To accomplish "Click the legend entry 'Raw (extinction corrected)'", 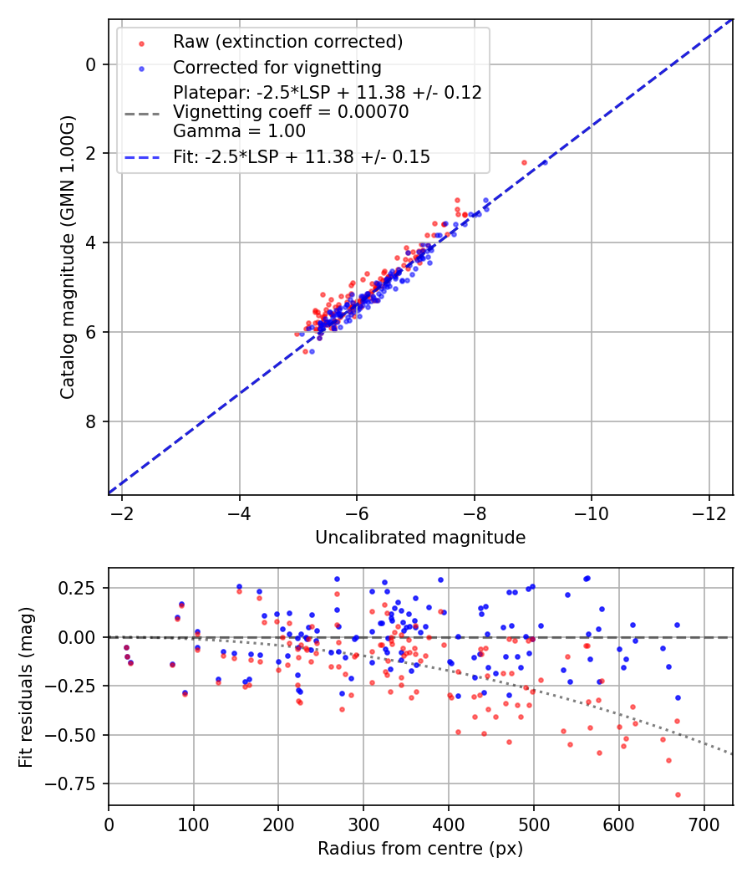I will coord(287,42).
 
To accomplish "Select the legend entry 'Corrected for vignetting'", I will coord(277,68).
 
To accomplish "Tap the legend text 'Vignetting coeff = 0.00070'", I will coord(291,112).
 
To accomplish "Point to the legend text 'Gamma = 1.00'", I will coord(239,131).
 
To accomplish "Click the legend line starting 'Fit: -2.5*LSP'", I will coord(302,156).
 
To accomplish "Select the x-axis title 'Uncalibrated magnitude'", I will coord(420,538).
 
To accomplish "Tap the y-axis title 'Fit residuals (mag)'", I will coord(26,687).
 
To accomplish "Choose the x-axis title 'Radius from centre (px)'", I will coord(420,849).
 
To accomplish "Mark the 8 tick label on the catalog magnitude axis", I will coord(92,421).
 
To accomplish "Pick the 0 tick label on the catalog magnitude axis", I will coord(92,64).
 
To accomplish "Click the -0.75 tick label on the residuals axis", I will coord(75,784).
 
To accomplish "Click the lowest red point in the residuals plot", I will coord(678,794).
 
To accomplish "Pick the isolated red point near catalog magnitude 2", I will coord(524,162).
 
